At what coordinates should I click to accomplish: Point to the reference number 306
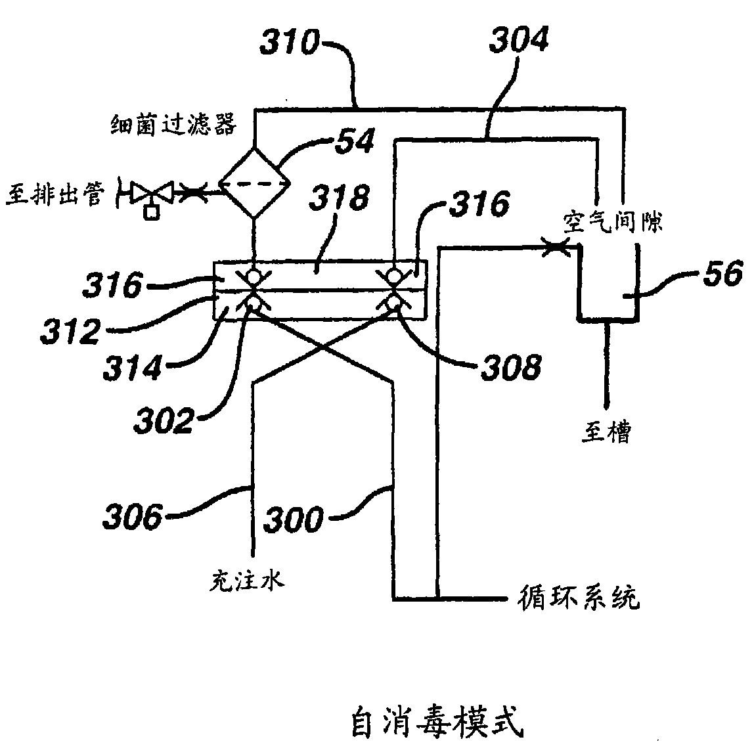tap(133, 517)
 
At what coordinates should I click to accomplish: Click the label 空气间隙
tap(612, 221)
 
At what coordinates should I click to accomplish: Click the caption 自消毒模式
tap(435, 723)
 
